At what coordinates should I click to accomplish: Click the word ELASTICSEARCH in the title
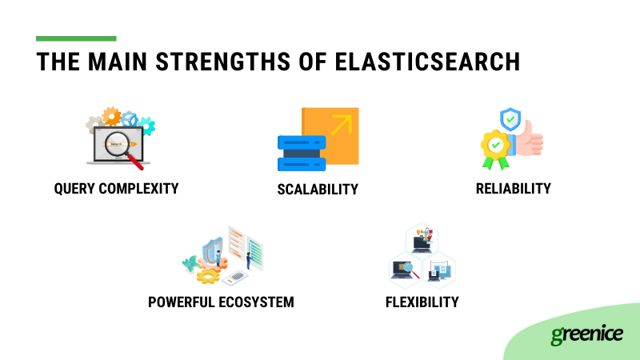(427, 62)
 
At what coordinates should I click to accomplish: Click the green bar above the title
(76, 38)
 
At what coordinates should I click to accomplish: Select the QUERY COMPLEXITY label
(116, 189)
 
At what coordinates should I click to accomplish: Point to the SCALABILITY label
(318, 190)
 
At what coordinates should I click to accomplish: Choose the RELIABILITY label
(514, 189)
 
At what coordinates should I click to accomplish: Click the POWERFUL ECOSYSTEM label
(221, 302)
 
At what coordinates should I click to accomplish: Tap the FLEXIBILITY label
(422, 302)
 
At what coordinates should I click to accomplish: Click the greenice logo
(587, 334)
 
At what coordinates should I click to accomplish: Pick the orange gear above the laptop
(111, 116)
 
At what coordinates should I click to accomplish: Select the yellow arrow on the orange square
(342, 125)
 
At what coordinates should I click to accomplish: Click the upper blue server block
(302, 143)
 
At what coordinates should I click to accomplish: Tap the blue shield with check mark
(510, 119)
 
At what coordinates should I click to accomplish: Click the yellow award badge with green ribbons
(495, 148)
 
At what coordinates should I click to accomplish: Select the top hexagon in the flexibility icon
(422, 239)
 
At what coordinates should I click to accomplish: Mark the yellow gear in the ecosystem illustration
(208, 276)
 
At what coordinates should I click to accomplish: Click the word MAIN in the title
(117, 62)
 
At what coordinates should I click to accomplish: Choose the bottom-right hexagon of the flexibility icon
(438, 270)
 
